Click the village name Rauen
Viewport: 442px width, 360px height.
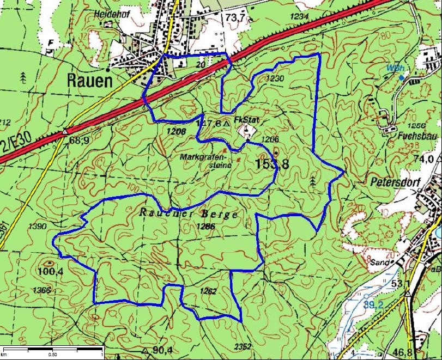[89, 81]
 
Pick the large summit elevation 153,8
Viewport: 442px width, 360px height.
[271, 163]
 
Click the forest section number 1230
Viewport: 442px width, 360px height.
[275, 78]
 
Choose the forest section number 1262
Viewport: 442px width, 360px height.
[208, 291]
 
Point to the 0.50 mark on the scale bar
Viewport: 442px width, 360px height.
[53, 354]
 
